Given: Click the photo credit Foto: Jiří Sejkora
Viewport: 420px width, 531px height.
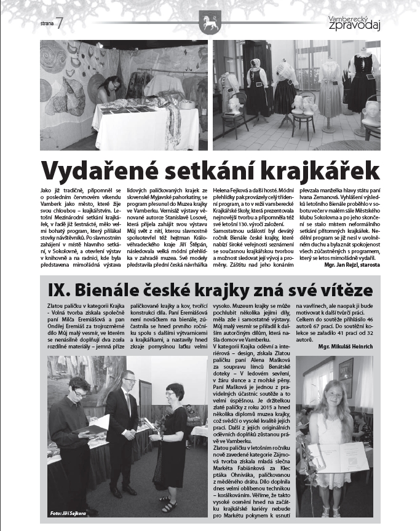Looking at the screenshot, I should (x=68, y=512).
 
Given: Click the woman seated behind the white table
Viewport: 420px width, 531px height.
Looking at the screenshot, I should (x=109, y=90).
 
